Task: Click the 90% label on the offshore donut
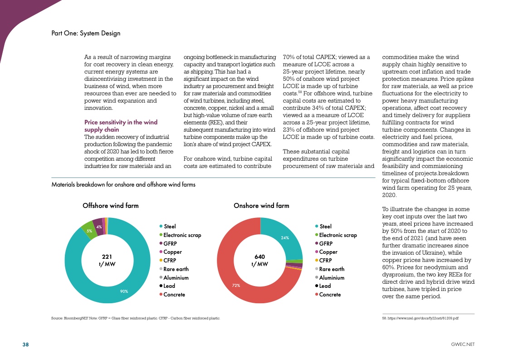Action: pyautogui.click(x=124, y=291)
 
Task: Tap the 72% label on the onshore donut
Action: pyautogui.click(x=236, y=286)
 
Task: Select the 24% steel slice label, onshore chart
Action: pyautogui.click(x=285, y=237)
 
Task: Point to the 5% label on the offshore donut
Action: pyautogui.click(x=89, y=231)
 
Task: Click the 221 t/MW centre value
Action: pyautogui.click(x=107, y=260)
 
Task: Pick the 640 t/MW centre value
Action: pyautogui.click(x=259, y=260)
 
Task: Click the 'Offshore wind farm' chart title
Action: pyautogui.click(x=110, y=206)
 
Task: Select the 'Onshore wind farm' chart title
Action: pyautogui.click(x=261, y=206)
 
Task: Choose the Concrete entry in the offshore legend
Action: pyautogui.click(x=174, y=295)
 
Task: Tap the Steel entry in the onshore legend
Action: pyautogui.click(x=325, y=226)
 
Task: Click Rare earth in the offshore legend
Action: pyautogui.click(x=176, y=269)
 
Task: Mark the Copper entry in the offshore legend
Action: pyautogui.click(x=172, y=252)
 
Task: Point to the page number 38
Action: pyautogui.click(x=26, y=345)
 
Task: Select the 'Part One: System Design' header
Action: pyautogui.click(x=86, y=33)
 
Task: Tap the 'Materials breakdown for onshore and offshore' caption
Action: pyautogui.click(x=123, y=185)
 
